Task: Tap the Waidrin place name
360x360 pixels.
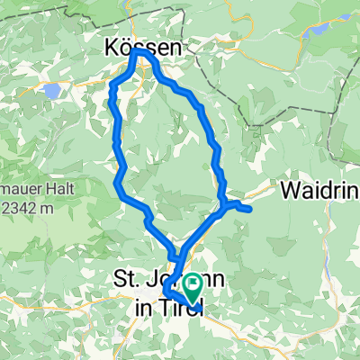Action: [x=319, y=191]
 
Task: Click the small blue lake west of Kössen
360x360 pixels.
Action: [x=53, y=91]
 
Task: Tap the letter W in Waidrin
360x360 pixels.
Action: [x=290, y=191]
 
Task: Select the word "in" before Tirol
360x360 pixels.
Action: [x=143, y=306]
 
